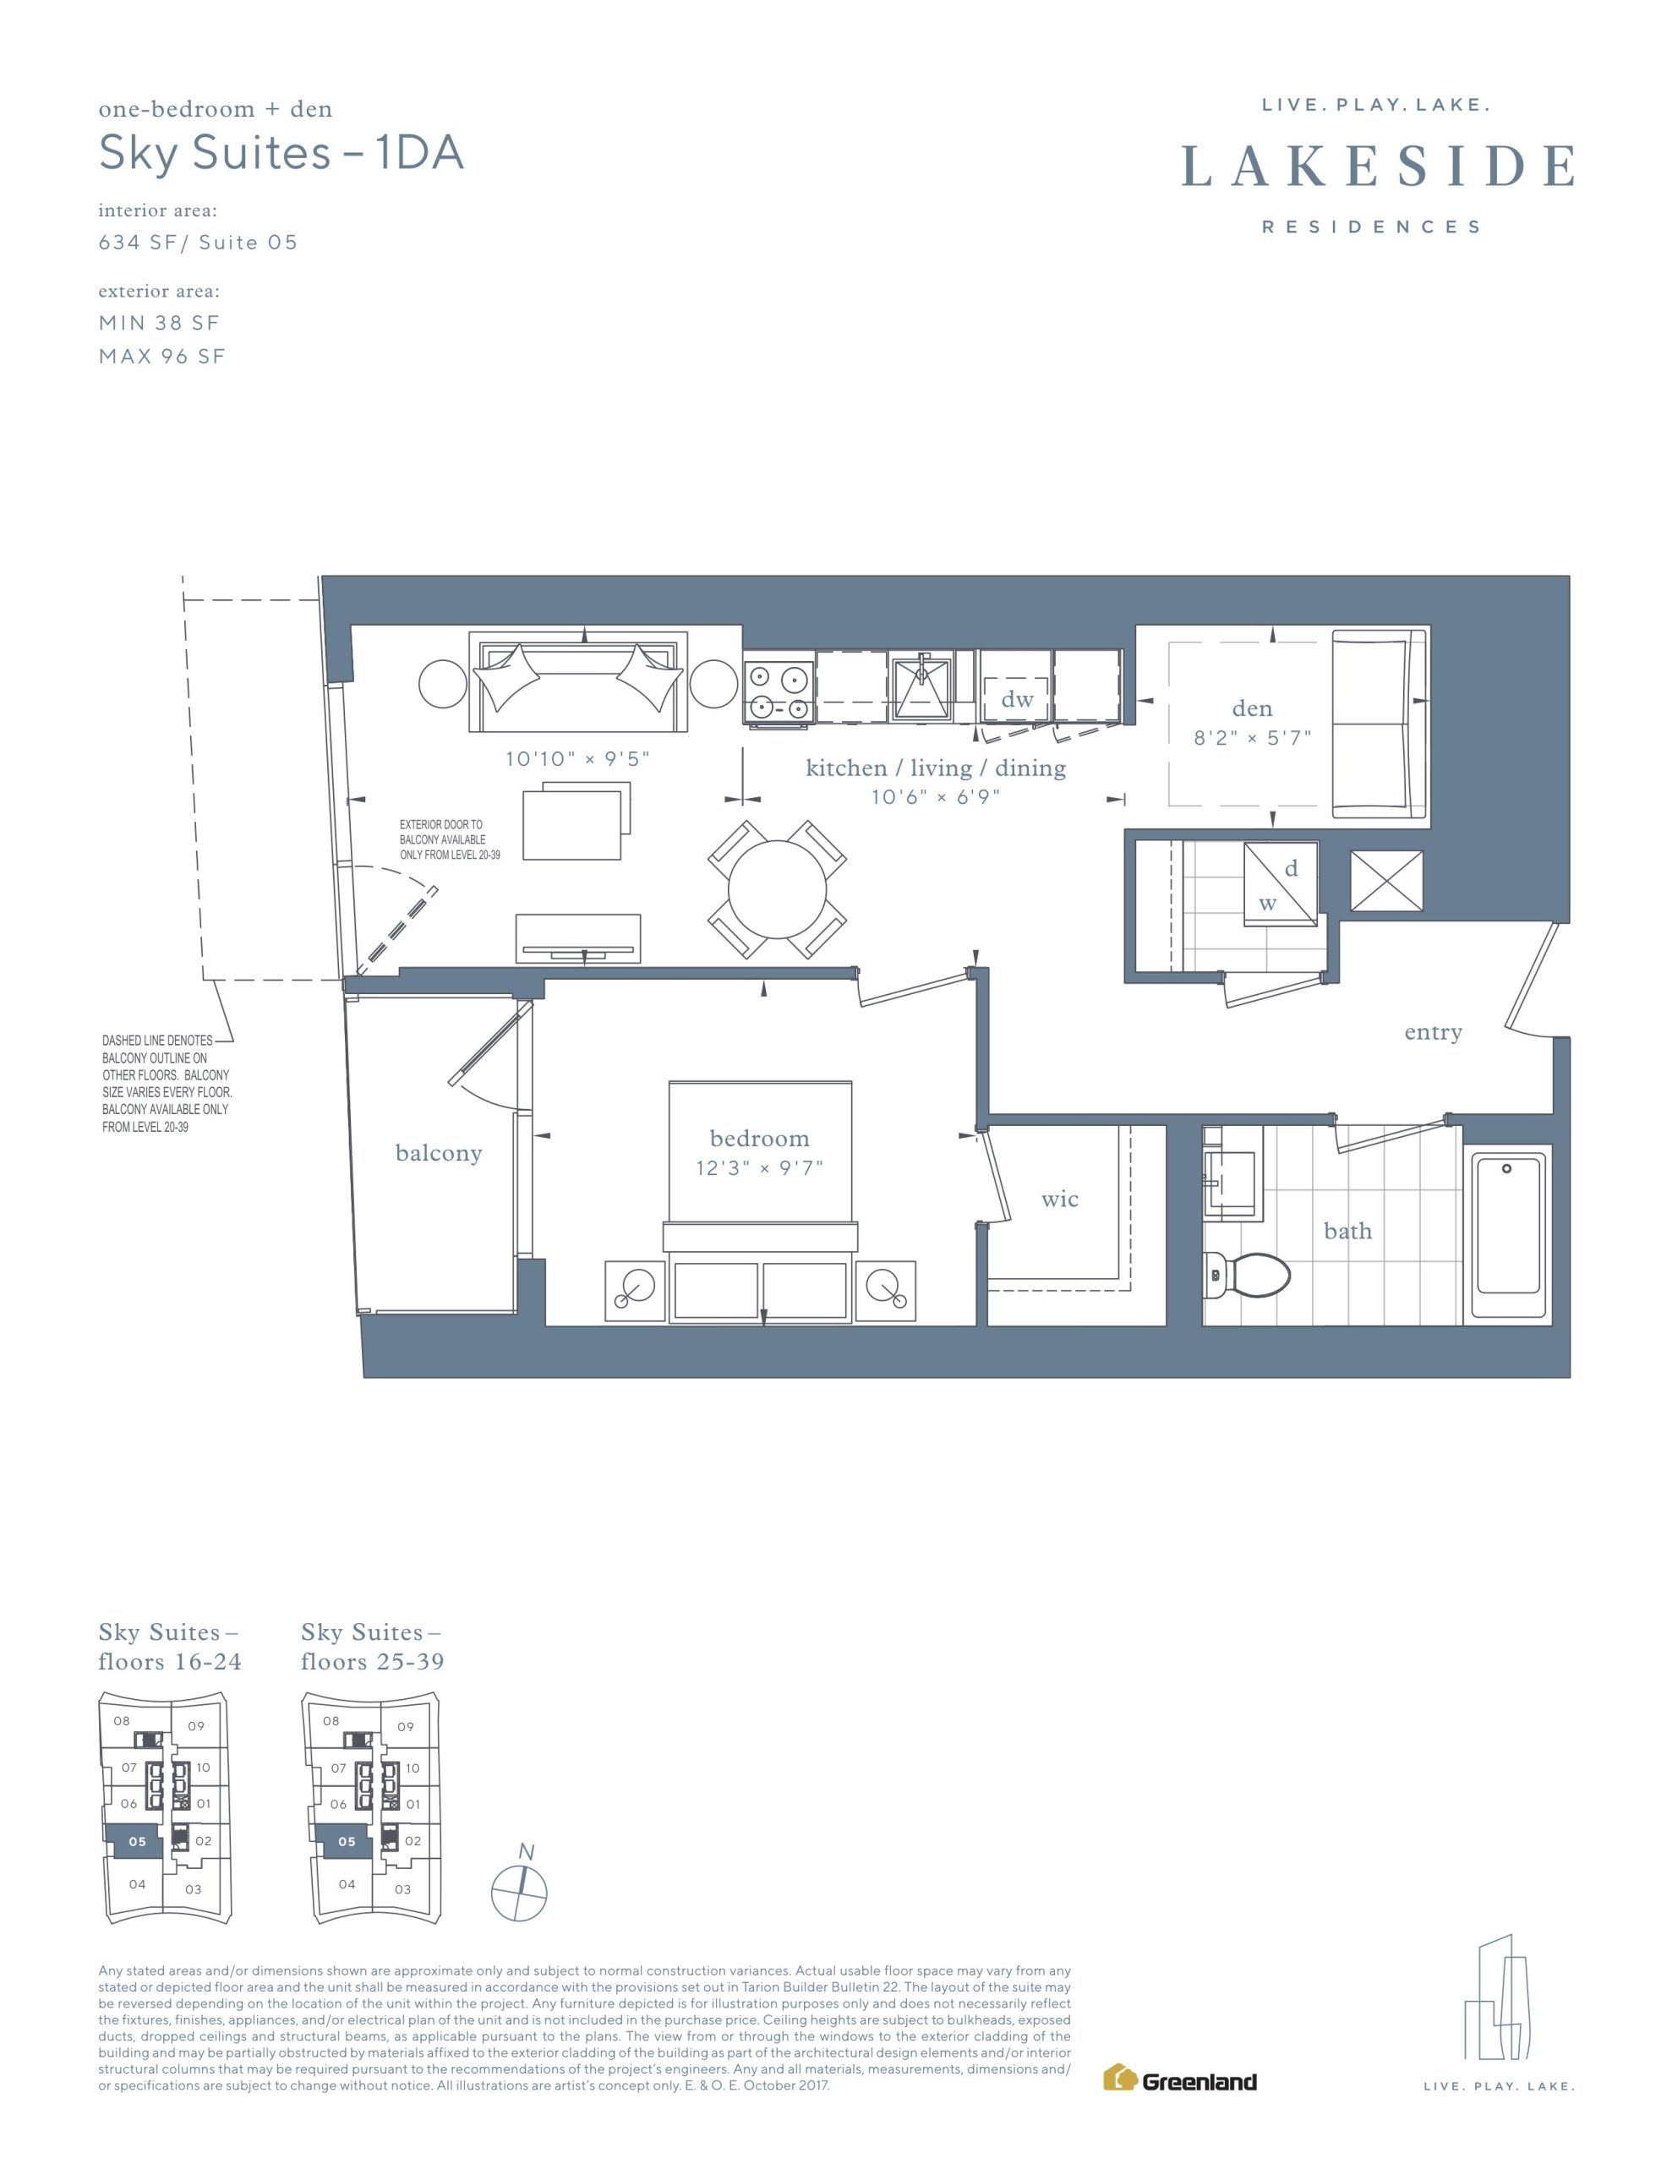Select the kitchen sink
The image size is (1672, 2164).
click(x=920, y=686)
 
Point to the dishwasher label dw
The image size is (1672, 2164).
click(x=1017, y=700)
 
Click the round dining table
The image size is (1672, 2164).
click(x=777, y=888)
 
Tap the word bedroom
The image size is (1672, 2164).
click(x=759, y=1139)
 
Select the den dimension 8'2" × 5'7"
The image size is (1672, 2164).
click(x=1252, y=738)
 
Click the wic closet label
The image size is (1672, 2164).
click(x=1059, y=1199)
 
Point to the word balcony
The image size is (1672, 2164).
click(x=438, y=1153)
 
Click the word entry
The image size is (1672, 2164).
click(x=1433, y=1032)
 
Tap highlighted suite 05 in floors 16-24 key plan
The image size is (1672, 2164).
click(x=137, y=1841)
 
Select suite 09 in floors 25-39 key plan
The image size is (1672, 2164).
click(x=406, y=1726)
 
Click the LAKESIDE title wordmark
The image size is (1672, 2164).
click(x=1379, y=166)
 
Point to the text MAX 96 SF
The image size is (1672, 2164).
click(x=161, y=357)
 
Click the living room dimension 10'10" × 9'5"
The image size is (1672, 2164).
click(x=576, y=759)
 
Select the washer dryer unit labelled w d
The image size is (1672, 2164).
click(x=1281, y=884)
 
